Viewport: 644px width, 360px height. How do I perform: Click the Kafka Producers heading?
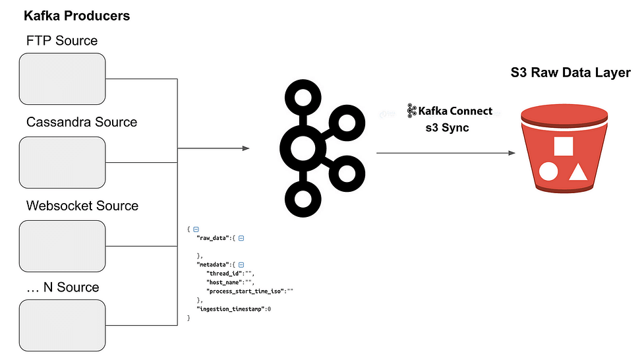click(x=77, y=16)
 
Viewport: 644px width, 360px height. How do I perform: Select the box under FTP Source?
click(x=63, y=79)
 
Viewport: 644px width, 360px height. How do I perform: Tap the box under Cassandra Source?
click(x=63, y=163)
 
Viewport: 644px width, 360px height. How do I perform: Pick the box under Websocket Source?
click(x=63, y=246)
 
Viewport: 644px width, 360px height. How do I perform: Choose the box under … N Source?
click(x=63, y=326)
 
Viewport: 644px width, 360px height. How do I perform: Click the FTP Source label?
click(x=62, y=41)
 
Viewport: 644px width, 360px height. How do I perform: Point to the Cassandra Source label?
click(x=82, y=122)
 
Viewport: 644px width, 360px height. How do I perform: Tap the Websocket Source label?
click(x=82, y=206)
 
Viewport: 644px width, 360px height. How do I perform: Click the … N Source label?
click(x=63, y=287)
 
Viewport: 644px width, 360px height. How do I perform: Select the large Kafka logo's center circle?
click(x=303, y=148)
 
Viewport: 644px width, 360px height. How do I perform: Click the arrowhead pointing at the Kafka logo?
click(x=246, y=148)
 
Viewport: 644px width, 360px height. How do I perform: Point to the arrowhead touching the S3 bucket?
click(x=512, y=153)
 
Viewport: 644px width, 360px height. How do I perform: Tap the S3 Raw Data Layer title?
click(x=570, y=73)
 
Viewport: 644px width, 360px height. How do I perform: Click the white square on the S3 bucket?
click(x=564, y=146)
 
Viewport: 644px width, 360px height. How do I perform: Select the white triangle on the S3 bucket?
click(x=578, y=172)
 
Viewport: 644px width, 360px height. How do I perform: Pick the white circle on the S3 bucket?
click(x=548, y=172)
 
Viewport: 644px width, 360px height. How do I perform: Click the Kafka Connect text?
click(x=455, y=111)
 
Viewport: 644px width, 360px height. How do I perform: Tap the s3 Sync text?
click(x=448, y=128)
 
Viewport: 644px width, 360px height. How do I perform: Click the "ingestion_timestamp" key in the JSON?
click(x=231, y=309)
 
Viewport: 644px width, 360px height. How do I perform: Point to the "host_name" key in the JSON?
click(x=225, y=282)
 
